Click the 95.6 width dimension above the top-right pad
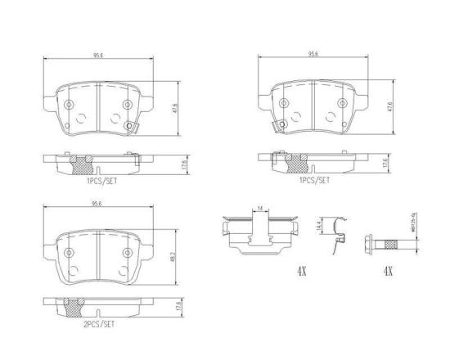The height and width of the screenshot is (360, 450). coord(313,56)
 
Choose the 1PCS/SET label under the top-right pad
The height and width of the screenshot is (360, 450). coord(314,180)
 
